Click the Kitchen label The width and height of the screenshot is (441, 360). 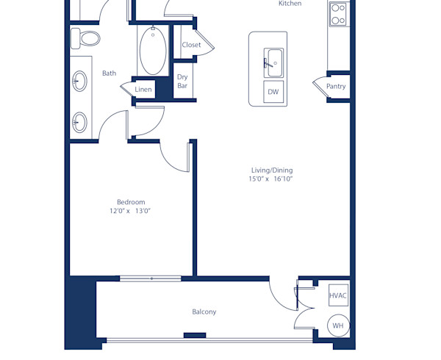coord(290,4)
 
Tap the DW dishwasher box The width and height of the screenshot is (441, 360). coord(273,92)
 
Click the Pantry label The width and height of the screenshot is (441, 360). coord(336,87)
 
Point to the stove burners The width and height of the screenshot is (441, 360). coord(338,15)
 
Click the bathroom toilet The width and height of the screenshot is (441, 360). coord(87,38)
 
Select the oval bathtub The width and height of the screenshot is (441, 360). coord(153,51)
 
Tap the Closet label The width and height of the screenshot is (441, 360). coord(191,45)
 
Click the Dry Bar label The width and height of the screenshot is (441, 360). coord(182,82)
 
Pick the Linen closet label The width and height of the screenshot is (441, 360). coord(143,90)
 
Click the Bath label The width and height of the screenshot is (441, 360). coord(109,73)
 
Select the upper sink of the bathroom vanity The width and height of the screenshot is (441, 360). coord(79,79)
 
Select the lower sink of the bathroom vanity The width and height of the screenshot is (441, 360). coord(79,120)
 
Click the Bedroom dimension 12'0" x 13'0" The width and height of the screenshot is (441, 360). coord(130,211)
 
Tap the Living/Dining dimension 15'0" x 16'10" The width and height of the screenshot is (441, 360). coord(272,179)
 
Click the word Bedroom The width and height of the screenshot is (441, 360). coord(131,202)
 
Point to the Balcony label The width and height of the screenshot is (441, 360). coord(204,312)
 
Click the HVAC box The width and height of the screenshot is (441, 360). coord(338,295)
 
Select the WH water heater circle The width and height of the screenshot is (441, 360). coord(338,325)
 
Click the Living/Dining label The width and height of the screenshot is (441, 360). coord(272,170)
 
